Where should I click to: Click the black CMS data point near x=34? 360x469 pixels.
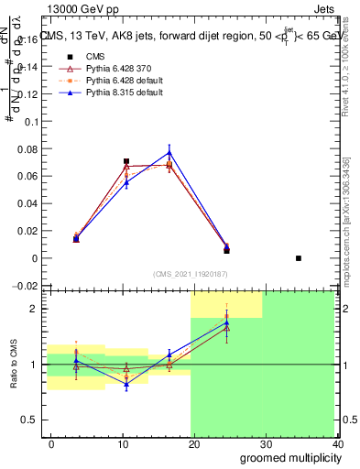click(x=299, y=258)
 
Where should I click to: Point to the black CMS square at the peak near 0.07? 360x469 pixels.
click(x=126, y=161)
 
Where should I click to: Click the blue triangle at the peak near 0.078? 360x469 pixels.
click(x=169, y=152)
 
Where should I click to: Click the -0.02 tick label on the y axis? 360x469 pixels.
click(x=24, y=286)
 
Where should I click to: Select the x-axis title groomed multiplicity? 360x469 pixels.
click(x=287, y=457)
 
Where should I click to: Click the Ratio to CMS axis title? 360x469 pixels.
click(x=12, y=364)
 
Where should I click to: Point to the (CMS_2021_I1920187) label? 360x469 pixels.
click(x=191, y=274)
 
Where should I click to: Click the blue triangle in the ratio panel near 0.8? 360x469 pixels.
click(x=126, y=385)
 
